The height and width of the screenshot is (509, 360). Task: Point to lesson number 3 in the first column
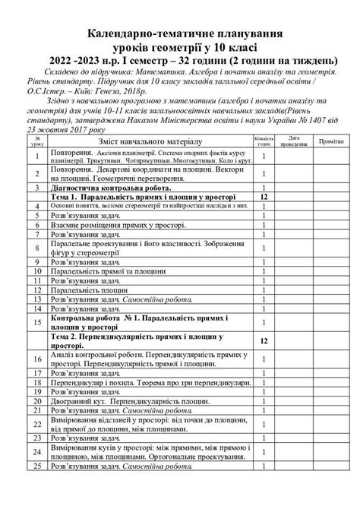coord(36,186)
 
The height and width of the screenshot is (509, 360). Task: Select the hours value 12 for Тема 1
coord(263,196)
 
